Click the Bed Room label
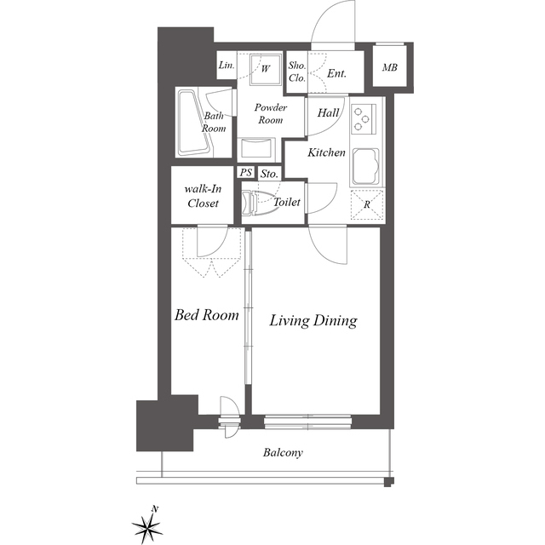point(206,315)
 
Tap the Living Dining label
point(313,320)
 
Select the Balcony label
point(283,452)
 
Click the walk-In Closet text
point(203,196)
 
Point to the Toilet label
point(287,202)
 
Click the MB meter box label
point(390,67)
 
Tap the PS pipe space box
point(246,172)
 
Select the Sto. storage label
point(269,174)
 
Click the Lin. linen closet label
point(227,65)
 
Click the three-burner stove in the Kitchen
point(364,119)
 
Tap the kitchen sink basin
point(366,167)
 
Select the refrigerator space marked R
point(367,205)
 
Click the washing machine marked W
point(265,70)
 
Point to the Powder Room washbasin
point(256,148)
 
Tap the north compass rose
point(147,525)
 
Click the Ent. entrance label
point(337,74)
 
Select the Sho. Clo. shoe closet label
point(297,72)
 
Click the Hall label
point(328,112)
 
